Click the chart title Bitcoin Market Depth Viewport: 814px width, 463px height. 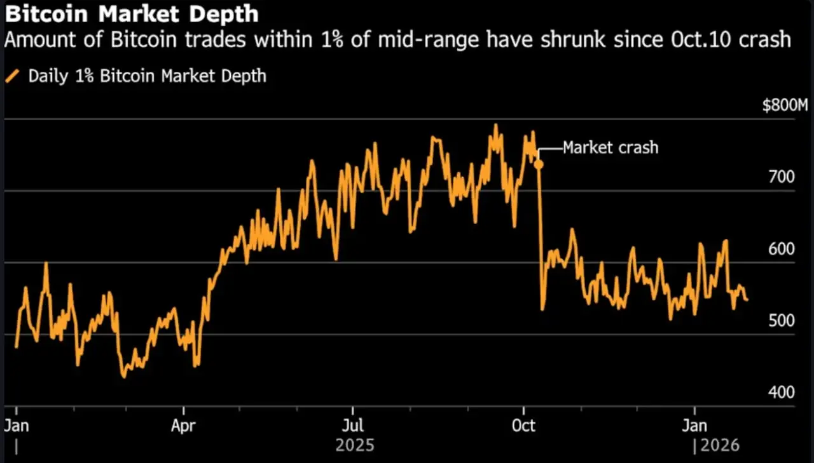pyautogui.click(x=131, y=14)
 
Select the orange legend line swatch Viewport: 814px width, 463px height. pyautogui.click(x=13, y=77)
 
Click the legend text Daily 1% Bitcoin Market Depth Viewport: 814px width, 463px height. pyautogui.click(x=148, y=77)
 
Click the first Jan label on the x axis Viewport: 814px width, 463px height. pyautogui.click(x=16, y=425)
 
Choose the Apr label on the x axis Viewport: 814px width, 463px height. pyautogui.click(x=184, y=425)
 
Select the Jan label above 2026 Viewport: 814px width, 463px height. pyautogui.click(x=694, y=425)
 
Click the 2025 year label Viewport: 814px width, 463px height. pyautogui.click(x=354, y=445)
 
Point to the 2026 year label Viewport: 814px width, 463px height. pyautogui.click(x=721, y=445)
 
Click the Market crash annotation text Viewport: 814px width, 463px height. pyautogui.click(x=610, y=148)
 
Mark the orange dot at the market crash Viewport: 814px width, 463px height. pyautogui.click(x=539, y=164)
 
